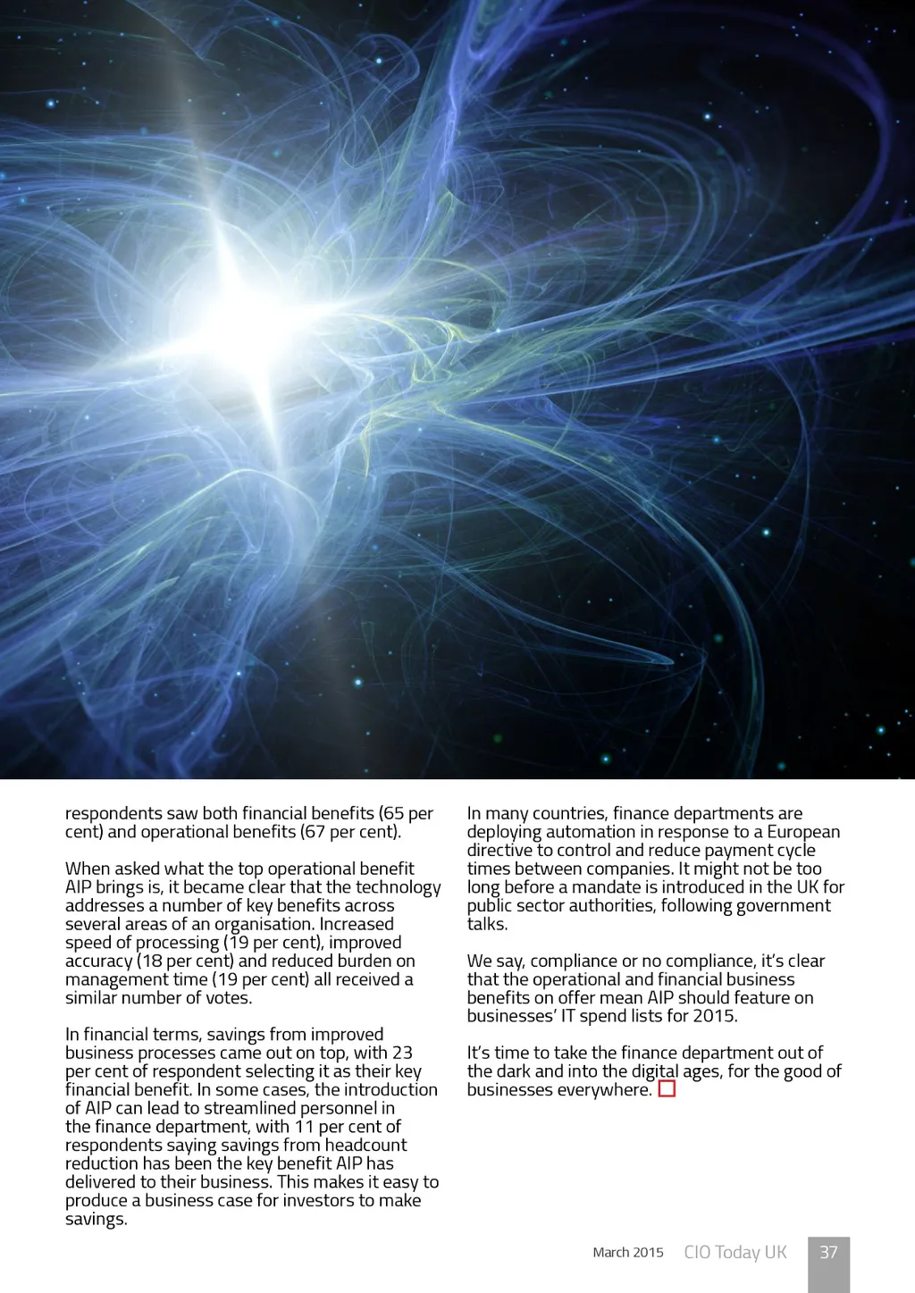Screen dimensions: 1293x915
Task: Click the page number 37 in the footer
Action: tap(828, 1252)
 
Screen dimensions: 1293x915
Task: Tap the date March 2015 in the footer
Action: tap(628, 1253)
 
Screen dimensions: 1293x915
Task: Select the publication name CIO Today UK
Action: tap(735, 1252)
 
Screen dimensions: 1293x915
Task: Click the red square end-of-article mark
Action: tap(667, 1089)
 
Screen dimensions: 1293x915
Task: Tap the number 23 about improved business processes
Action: tap(402, 1053)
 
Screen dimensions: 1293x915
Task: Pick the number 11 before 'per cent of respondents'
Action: tap(305, 1126)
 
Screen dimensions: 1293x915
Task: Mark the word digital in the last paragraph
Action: tap(655, 1071)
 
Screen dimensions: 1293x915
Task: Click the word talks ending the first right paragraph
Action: tap(487, 924)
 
